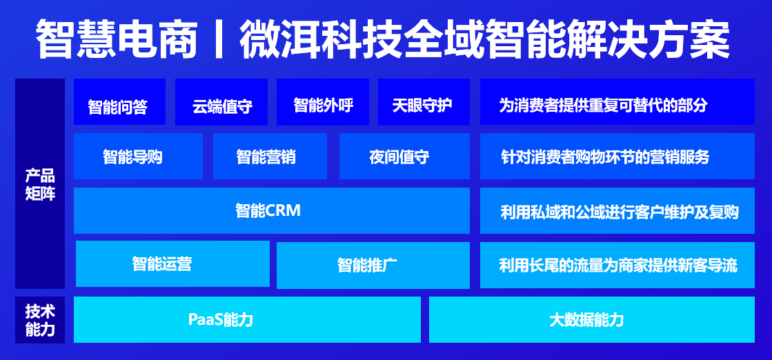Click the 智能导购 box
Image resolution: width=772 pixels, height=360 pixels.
click(x=138, y=157)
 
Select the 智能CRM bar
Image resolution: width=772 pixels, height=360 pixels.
click(x=271, y=210)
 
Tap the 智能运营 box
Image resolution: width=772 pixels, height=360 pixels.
click(x=172, y=263)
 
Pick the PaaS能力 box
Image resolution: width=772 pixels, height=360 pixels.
click(x=247, y=319)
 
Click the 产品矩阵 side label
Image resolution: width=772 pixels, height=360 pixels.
click(x=40, y=184)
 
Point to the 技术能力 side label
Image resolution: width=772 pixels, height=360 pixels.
click(x=40, y=319)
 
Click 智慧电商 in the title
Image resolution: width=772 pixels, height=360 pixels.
click(x=115, y=40)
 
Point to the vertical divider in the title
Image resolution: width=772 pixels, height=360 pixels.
click(x=218, y=40)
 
